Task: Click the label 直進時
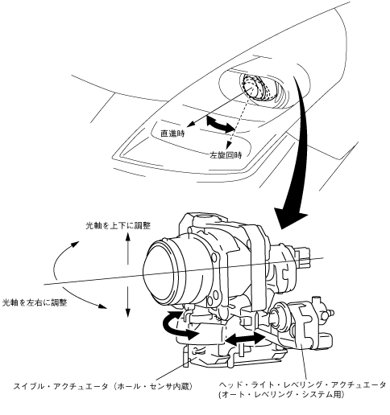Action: click(x=172, y=134)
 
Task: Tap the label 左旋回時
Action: click(x=226, y=155)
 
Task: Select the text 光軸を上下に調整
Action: click(x=118, y=226)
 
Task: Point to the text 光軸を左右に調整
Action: click(x=35, y=302)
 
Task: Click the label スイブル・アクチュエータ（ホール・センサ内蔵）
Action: click(x=103, y=386)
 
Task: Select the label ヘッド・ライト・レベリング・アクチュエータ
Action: click(x=302, y=385)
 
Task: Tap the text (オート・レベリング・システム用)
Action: click(x=281, y=395)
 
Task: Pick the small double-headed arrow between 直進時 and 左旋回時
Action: click(x=221, y=124)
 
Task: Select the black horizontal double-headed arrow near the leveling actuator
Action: click(x=245, y=339)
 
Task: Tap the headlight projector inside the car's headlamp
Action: click(x=257, y=88)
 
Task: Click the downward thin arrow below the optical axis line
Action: click(x=128, y=302)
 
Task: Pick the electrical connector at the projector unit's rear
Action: click(x=303, y=257)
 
